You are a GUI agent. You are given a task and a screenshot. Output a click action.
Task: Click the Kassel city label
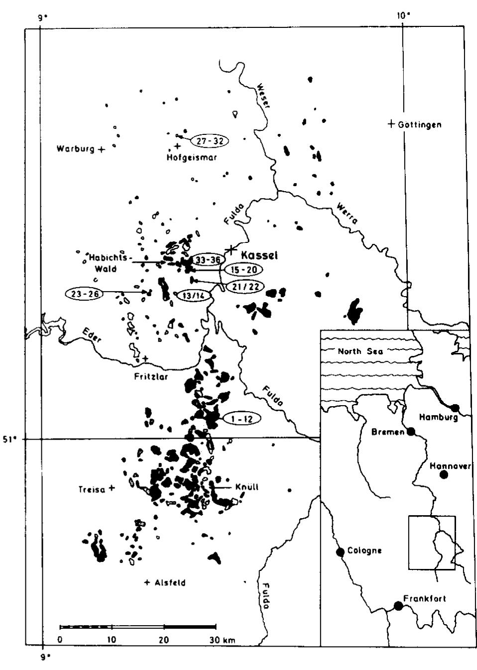[x=259, y=255]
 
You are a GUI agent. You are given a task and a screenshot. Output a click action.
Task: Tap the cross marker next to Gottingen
[x=391, y=123]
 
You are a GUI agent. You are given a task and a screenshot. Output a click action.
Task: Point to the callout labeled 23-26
[x=84, y=294]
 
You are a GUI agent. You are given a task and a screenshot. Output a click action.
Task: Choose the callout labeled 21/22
[x=244, y=287]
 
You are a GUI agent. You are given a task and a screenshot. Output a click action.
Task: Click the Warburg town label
[x=75, y=149]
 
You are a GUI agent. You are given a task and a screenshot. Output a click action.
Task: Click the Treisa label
[x=91, y=489]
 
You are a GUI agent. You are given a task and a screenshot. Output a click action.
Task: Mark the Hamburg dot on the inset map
[x=454, y=408]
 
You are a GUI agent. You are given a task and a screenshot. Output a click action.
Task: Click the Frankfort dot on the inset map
[x=398, y=605]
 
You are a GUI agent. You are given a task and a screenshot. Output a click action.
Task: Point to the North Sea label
[x=360, y=351]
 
